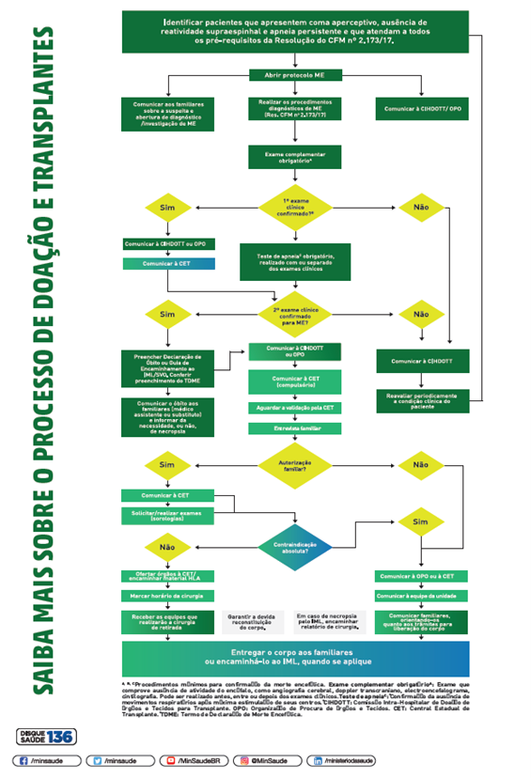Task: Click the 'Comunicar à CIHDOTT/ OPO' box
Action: pos(422,110)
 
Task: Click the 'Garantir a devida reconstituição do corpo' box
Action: pos(249,621)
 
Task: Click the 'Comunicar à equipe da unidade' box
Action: pos(422,596)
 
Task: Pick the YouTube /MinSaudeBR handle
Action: pos(195,758)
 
